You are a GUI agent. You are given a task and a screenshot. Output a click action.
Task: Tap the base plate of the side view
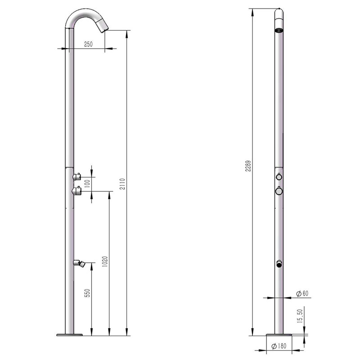tap(69, 335)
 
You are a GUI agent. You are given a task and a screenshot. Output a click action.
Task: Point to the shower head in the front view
tap(279, 30)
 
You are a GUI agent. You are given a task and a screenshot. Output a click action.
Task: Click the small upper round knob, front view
tap(279, 176)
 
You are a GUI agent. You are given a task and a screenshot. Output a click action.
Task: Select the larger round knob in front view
tap(279, 191)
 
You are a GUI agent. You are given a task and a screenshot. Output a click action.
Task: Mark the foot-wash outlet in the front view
tap(279, 264)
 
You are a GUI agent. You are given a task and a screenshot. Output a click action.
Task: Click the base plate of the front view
tap(279, 335)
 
